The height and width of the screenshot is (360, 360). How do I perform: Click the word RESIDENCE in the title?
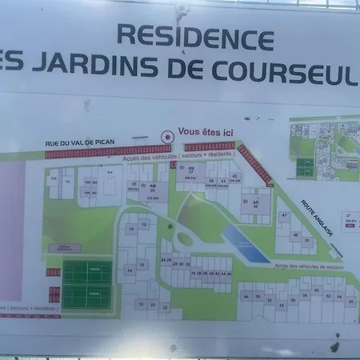196,36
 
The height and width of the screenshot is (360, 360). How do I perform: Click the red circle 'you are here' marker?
166,137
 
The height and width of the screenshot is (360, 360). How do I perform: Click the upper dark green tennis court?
86,272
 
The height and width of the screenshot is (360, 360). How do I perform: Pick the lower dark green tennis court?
86,298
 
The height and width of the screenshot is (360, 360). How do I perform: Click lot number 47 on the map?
284,215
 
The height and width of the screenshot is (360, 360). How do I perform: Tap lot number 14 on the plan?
130,271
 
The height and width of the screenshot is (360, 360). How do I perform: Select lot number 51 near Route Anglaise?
307,240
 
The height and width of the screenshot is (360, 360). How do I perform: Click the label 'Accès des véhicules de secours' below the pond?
309,266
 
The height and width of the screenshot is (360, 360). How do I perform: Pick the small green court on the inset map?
304,167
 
